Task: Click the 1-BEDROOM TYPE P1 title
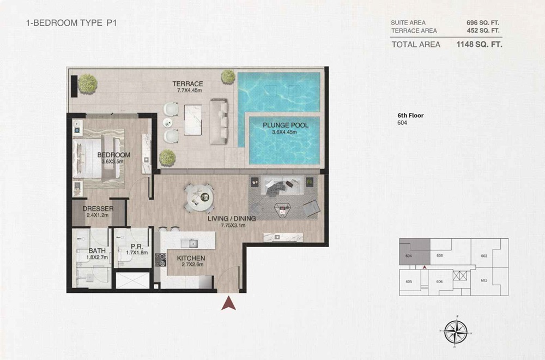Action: pos(72,23)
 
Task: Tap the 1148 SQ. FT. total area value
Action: pos(479,45)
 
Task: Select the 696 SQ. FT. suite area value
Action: pos(483,22)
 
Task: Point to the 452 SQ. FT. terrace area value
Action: pos(483,31)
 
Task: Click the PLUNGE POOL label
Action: pos(286,125)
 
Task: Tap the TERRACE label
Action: pos(188,84)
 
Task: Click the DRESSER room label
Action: pos(98,209)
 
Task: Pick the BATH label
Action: pos(97,251)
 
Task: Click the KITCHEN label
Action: pos(191,258)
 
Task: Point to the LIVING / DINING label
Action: pos(232,218)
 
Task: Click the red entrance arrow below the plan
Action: pos(228,302)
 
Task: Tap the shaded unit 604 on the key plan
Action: pos(413,252)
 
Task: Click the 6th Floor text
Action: pos(410,115)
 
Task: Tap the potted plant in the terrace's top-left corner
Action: pos(87,83)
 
